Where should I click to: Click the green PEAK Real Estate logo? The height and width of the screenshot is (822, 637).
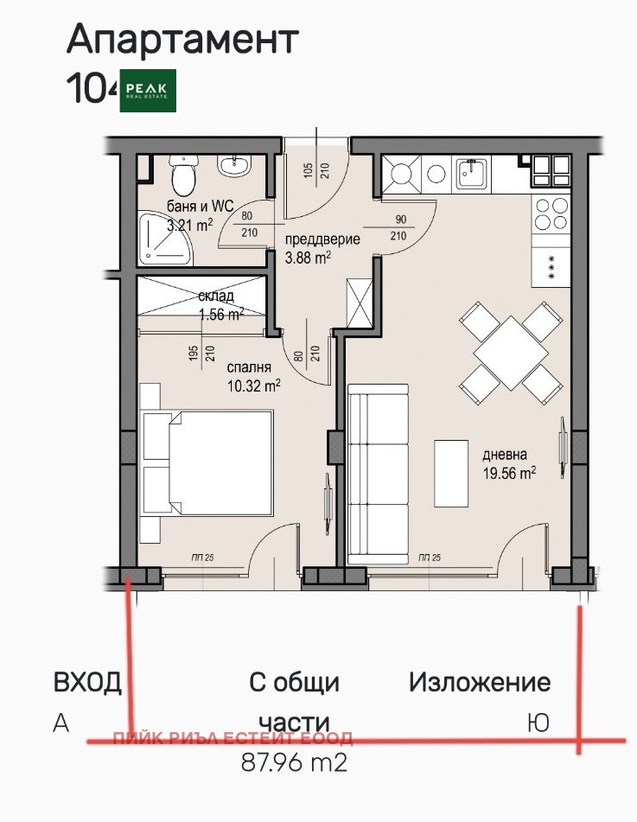tap(149, 90)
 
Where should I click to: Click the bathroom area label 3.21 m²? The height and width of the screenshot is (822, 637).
tap(189, 226)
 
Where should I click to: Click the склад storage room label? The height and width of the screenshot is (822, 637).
tap(215, 297)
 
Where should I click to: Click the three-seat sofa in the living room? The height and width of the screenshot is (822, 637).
tap(379, 475)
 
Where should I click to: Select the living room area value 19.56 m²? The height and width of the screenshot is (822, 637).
tap(509, 472)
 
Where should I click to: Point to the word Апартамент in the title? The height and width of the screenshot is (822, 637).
tap(182, 40)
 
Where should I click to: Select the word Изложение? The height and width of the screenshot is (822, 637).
tap(480, 682)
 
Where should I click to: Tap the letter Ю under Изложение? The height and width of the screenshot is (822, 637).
tap(538, 723)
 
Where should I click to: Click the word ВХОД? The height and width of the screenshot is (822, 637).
tap(87, 682)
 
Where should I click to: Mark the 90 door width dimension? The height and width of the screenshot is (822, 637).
tap(399, 220)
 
